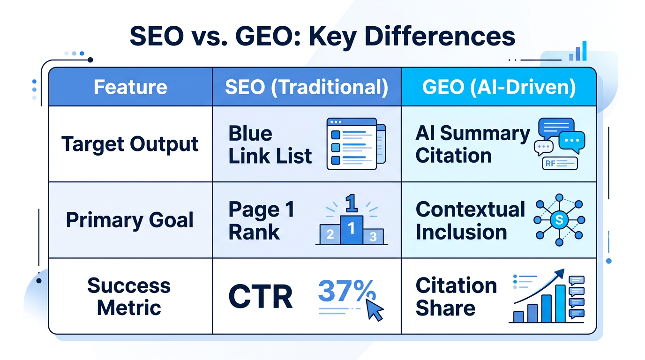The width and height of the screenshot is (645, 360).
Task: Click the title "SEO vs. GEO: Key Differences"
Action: pyautogui.click(x=322, y=37)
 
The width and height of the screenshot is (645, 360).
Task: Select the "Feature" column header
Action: pyautogui.click(x=130, y=87)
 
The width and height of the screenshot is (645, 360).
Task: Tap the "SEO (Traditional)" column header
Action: pyautogui.click(x=307, y=87)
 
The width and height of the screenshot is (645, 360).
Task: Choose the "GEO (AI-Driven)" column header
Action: pyautogui.click(x=498, y=87)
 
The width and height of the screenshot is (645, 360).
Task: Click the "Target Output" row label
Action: pyautogui.click(x=130, y=144)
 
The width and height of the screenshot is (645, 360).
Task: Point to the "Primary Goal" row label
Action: pyautogui.click(x=130, y=220)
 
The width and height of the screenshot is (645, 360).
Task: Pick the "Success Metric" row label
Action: pyautogui.click(x=129, y=296)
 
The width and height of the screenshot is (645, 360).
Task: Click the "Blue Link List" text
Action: pyautogui.click(x=270, y=144)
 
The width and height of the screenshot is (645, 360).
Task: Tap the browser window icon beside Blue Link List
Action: pyautogui.click(x=355, y=143)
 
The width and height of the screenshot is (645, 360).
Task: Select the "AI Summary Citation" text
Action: pyautogui.click(x=472, y=144)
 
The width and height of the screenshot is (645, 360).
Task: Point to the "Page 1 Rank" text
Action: pyautogui.click(x=261, y=220)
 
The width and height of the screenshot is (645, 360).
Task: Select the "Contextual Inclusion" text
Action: pyautogui.click(x=470, y=220)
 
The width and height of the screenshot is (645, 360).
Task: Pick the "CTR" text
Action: pyautogui.click(x=260, y=297)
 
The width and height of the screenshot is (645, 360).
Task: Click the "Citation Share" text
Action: pyautogui.click(x=456, y=296)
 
